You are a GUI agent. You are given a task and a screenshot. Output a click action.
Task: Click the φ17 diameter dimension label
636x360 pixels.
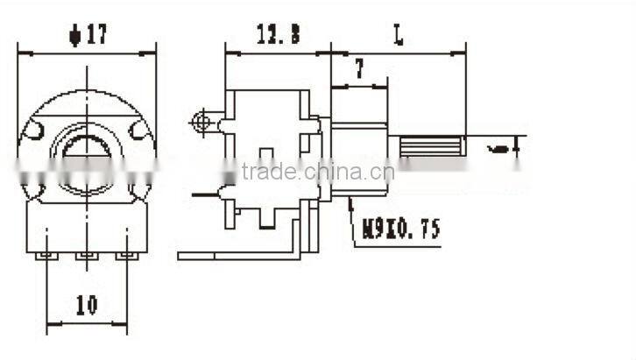click(x=87, y=36)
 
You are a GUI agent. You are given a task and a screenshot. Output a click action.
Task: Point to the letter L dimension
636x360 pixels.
click(x=399, y=37)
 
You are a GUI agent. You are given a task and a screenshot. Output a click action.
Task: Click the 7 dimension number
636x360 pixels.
click(x=359, y=68)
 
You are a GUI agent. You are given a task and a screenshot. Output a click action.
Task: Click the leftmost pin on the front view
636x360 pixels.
click(x=46, y=255)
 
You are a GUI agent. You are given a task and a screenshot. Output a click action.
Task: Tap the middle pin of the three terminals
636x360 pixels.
click(x=87, y=255)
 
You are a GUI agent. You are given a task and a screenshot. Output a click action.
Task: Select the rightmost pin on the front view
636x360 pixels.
click(x=128, y=255)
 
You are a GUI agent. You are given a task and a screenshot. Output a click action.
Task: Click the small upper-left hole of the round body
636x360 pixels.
click(x=34, y=131)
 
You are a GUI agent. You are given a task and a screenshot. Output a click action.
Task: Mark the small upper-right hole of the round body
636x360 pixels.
click(x=139, y=131)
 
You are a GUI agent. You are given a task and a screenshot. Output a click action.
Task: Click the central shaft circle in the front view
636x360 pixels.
click(x=87, y=153)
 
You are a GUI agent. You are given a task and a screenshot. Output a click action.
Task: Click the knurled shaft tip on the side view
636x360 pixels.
click(x=432, y=146)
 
